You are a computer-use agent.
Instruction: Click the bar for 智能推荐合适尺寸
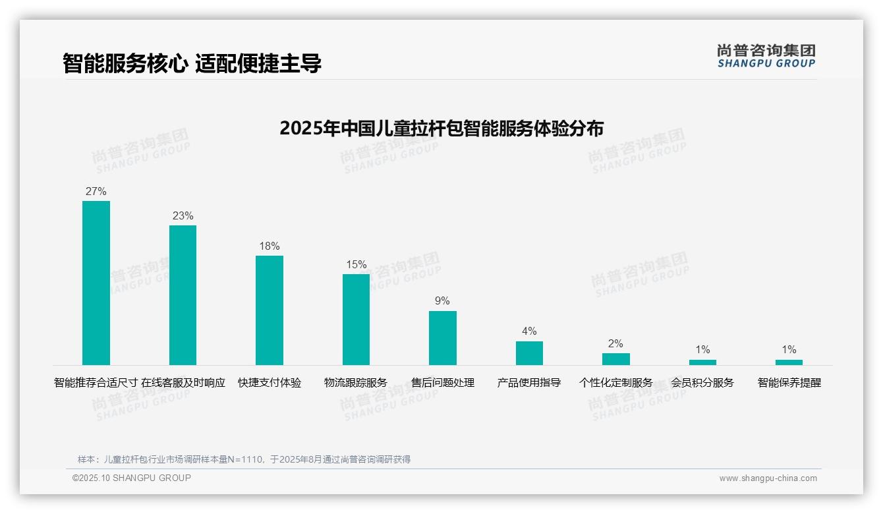(x=96, y=283)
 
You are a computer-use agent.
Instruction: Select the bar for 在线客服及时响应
(x=183, y=295)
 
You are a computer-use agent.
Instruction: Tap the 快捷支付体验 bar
(x=270, y=310)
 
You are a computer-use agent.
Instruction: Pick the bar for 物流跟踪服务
(x=356, y=320)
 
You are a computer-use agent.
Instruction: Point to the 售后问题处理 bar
(x=442, y=338)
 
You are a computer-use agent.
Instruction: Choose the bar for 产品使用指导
(x=529, y=353)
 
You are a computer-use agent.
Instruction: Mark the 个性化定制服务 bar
(x=615, y=359)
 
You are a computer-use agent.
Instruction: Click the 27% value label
(x=96, y=192)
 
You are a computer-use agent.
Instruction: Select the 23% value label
(x=183, y=216)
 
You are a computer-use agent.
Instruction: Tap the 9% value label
(x=442, y=301)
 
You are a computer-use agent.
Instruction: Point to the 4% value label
(x=529, y=331)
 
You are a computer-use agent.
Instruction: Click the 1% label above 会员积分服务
(x=702, y=350)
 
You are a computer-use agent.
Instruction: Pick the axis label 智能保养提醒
(x=789, y=383)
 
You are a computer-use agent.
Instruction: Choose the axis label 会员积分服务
(x=702, y=383)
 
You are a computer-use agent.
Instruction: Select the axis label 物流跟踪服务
(x=356, y=383)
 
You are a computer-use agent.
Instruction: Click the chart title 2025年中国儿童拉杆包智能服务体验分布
(x=441, y=128)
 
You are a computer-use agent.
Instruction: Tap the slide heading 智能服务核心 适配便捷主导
(x=192, y=63)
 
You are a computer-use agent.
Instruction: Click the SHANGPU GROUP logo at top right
(x=766, y=56)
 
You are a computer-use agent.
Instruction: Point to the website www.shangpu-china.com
(x=768, y=478)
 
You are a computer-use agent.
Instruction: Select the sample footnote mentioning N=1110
(x=244, y=459)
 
